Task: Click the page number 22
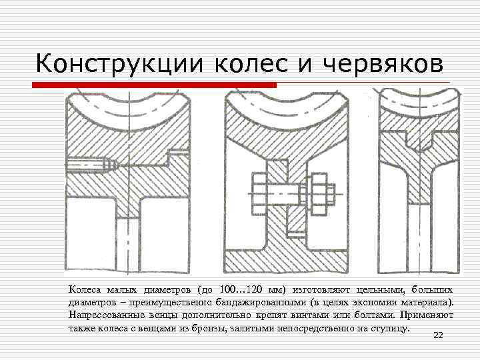438,335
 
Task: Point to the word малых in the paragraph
119,289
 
